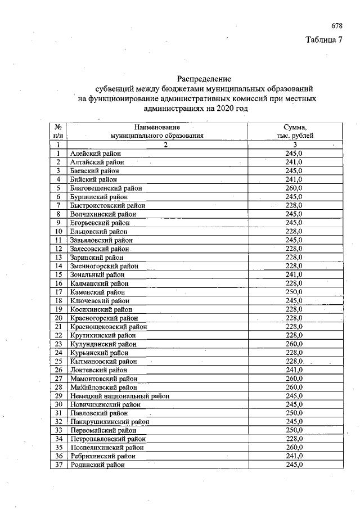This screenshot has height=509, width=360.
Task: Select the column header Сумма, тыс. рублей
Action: point(295,132)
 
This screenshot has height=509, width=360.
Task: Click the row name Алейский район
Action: point(96,154)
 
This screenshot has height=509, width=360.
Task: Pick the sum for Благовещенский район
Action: point(294,188)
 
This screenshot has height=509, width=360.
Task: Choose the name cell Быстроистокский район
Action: point(108,206)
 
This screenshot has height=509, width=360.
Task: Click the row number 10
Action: point(58,231)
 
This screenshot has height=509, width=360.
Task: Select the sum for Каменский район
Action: point(294,292)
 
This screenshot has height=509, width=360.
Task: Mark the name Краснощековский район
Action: point(109,327)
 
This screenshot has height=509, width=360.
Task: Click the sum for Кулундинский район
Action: point(294,344)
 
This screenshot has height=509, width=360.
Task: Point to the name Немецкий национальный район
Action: point(120,396)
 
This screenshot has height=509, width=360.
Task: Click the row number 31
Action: point(58,413)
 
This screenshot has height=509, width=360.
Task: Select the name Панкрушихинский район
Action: point(110,422)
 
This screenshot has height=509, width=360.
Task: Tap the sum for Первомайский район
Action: point(294,430)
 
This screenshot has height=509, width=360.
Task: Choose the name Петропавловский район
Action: point(108,439)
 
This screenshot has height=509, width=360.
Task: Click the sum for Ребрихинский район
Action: point(294,456)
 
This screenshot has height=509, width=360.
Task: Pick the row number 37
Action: point(58,465)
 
